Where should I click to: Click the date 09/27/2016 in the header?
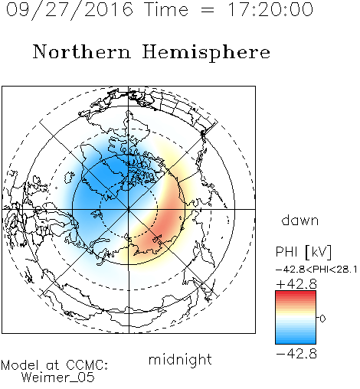coord(70,9)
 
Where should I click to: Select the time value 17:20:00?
coord(270,9)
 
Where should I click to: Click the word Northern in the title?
coord(82,51)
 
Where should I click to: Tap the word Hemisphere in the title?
coord(206,53)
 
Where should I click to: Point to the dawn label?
coord(300,220)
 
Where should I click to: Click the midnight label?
coord(180,359)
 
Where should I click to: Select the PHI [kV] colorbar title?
coord(303,252)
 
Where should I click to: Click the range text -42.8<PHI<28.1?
coord(316,270)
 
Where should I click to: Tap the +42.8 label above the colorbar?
coord(296,284)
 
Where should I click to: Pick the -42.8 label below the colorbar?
coord(296,354)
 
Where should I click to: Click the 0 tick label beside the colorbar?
coord(322,319)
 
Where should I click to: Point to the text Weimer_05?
coord(57,378)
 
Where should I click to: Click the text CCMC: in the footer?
coord(87,365)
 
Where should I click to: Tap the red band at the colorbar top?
coord(296,293)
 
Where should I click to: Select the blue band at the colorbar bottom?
coord(296,341)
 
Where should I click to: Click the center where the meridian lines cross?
coord(129,209)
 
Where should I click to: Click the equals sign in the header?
coord(207,10)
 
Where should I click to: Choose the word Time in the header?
coord(166,9)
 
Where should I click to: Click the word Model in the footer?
coord(20,365)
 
